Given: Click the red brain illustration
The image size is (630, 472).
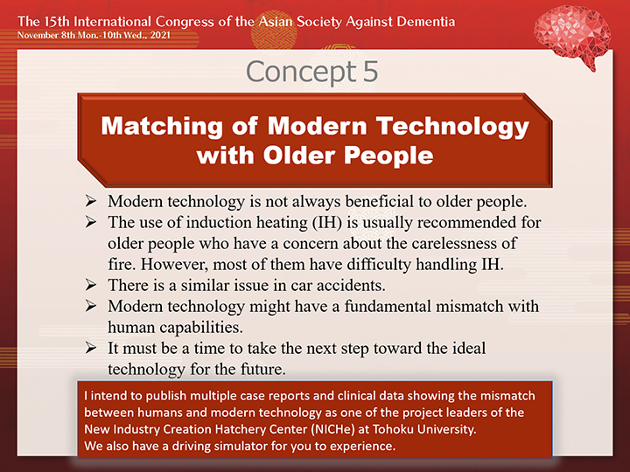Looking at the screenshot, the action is coord(572,37).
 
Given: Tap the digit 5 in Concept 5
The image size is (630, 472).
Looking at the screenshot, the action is coord(370,72).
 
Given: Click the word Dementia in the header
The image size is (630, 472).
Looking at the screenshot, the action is coord(426,21).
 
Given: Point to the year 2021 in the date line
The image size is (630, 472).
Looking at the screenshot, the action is coord(160,35).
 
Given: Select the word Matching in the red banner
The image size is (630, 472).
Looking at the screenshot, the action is coord(162,127).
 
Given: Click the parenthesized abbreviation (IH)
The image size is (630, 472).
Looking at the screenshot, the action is coord(327,222).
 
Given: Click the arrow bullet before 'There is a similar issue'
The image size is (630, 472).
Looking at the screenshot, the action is coord(91,285).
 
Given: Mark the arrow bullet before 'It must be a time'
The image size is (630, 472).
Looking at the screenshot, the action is coord(91,348).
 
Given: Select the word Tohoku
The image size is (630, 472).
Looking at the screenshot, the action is coord(393,429).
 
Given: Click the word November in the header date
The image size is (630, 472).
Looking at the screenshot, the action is coord(38,35).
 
